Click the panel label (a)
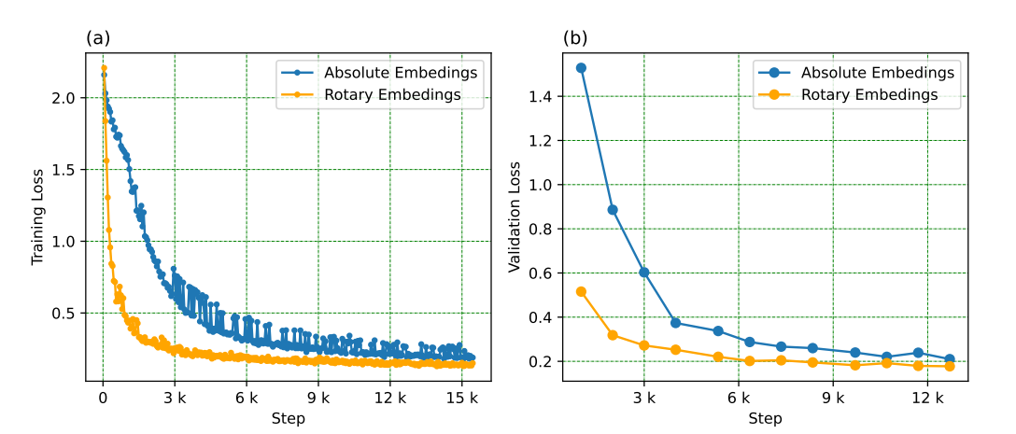[96, 38]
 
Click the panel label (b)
[574, 38]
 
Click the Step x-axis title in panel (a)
[288, 418]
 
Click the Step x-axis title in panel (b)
[765, 418]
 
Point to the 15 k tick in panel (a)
[461, 398]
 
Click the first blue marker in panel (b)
[581, 68]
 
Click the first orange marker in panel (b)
[581, 291]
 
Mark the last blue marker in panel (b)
[950, 359]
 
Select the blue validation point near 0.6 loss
[644, 273]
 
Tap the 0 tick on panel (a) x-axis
[103, 398]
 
